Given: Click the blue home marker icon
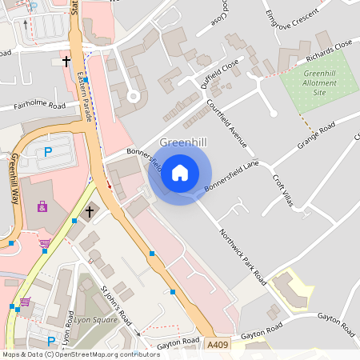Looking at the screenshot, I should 180,172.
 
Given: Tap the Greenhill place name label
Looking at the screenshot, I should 182,143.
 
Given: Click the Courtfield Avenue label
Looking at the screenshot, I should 238,124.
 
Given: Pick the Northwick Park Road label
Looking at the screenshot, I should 243,255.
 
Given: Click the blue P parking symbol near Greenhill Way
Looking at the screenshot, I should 47,151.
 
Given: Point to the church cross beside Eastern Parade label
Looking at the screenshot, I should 66,60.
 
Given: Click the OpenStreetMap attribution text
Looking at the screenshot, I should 80,354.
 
